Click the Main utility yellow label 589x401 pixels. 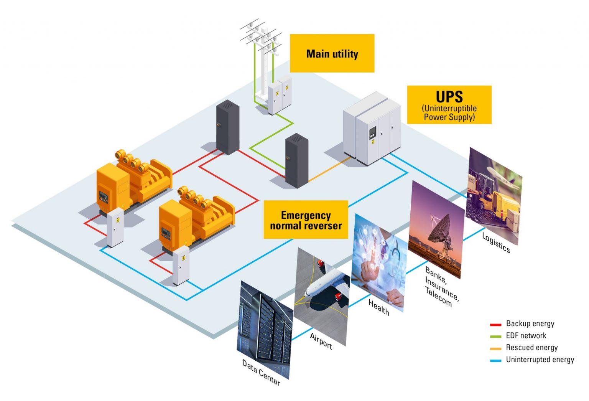332,53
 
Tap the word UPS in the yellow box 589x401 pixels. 449,96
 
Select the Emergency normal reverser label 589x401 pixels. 306,220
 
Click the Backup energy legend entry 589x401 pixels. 530,323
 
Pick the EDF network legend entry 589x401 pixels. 526,335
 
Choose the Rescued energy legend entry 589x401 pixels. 531,348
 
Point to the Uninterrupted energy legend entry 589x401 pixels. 540,360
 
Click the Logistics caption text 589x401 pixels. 495,243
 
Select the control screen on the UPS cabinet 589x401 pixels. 372,133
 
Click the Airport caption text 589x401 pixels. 321,341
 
